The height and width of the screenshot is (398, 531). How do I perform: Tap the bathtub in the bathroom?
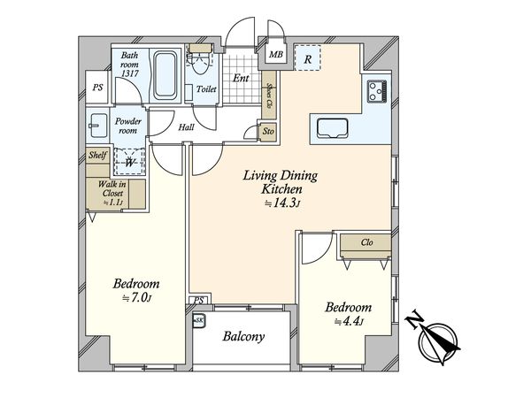165,75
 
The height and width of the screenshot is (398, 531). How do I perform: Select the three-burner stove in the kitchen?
376,91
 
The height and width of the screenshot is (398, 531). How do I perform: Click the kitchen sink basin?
332,128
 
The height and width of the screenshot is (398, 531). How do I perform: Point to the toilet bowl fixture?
199,62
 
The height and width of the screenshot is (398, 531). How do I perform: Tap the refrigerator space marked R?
307,57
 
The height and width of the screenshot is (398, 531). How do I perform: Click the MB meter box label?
276,54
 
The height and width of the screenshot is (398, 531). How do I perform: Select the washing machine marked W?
129,162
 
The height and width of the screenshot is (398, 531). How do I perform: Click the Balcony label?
243,336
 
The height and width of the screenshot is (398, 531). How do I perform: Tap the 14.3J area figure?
282,203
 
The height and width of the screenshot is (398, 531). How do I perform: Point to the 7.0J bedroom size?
137,297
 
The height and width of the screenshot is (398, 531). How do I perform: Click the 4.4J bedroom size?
349,321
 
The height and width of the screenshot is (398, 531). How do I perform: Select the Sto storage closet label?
268,131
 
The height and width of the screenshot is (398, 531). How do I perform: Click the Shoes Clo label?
270,95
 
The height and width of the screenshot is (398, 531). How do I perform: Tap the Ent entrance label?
241,78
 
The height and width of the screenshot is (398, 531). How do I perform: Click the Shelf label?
97,155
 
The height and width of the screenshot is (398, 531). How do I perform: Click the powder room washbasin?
98,126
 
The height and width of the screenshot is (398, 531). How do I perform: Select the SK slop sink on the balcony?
199,320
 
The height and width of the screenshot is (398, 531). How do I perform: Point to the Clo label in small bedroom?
366,242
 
